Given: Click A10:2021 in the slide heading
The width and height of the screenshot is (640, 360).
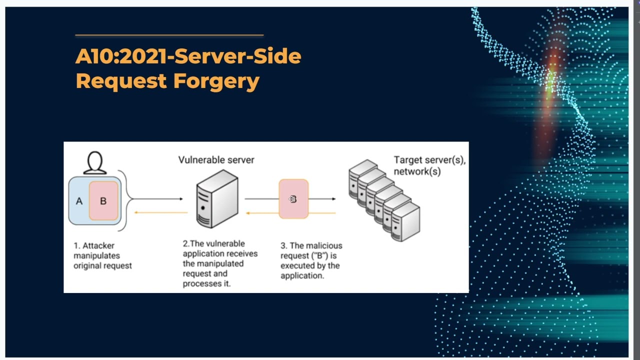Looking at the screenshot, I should [x=120, y=56].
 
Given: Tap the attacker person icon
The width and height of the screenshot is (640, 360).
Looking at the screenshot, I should [x=94, y=163].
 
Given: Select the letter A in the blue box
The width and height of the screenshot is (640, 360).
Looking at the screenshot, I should [x=79, y=201].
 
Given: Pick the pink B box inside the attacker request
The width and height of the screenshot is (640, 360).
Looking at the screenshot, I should [x=103, y=201].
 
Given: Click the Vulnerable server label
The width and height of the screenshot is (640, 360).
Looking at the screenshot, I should [x=216, y=160].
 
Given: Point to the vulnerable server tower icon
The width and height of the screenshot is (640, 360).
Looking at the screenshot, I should [x=217, y=199].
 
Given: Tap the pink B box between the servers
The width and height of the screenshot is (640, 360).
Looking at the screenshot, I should [x=293, y=199].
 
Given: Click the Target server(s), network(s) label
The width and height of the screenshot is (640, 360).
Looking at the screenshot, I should [x=429, y=165].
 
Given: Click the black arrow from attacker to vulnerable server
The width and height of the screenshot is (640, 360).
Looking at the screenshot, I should [x=157, y=199].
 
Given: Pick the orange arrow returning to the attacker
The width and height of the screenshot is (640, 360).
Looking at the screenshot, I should [x=160, y=212].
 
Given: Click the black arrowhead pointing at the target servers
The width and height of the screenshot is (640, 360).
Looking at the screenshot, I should [x=333, y=199].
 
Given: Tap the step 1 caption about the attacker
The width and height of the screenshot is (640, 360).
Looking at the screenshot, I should [x=102, y=255].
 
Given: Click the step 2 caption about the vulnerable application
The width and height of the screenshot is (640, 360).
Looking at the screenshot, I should [x=220, y=263].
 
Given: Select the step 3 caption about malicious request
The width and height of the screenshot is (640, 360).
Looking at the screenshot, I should [x=311, y=260].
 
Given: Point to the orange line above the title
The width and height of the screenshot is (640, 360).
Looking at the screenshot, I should [x=169, y=35].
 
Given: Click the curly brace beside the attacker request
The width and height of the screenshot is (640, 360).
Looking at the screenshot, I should [x=127, y=199].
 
